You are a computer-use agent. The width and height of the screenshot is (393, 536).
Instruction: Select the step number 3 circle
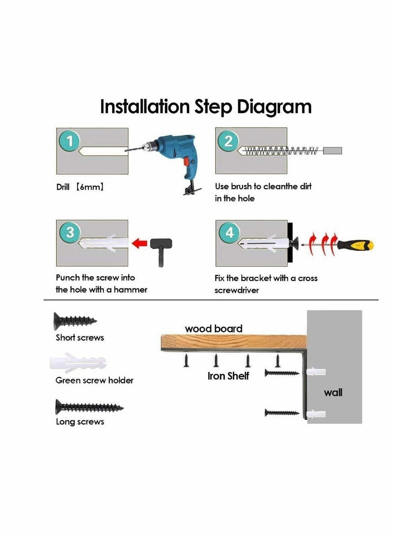70,232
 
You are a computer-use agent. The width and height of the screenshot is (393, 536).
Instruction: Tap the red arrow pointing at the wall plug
140,244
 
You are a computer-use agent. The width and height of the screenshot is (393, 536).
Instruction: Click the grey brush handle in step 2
333,150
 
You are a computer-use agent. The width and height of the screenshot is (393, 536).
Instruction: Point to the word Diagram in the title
274,107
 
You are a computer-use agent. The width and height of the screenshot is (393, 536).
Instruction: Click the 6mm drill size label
89,187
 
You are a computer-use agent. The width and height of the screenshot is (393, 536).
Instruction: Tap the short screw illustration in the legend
75,321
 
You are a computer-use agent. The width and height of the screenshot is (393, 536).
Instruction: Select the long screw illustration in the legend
89,407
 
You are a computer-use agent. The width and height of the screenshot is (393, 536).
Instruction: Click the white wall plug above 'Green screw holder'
78,363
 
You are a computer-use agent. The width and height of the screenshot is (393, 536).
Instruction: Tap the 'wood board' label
214,329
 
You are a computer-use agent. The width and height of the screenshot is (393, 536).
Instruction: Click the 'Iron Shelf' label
228,376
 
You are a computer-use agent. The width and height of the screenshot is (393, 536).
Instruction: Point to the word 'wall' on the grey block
333,393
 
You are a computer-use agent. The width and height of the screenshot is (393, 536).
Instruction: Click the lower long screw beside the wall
282,413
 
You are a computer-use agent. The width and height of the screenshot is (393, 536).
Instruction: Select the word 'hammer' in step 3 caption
130,289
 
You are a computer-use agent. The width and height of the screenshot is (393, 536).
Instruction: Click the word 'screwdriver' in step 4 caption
236,290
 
